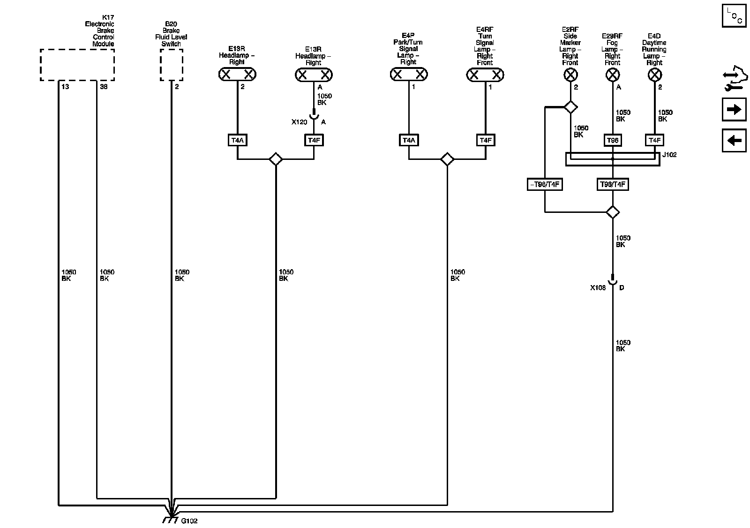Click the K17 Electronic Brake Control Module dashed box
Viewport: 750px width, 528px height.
(x=77, y=65)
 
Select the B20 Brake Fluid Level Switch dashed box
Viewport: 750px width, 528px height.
(x=171, y=65)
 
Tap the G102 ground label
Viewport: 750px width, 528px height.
(x=189, y=521)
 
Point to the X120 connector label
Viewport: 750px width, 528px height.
(x=300, y=122)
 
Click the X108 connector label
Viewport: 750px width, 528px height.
(x=598, y=288)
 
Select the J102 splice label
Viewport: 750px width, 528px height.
(x=669, y=155)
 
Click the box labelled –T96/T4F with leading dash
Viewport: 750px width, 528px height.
(x=544, y=185)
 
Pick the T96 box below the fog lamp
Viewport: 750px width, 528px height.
(x=613, y=140)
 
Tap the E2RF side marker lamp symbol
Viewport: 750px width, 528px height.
(x=570, y=75)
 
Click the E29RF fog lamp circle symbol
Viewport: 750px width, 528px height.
(x=613, y=75)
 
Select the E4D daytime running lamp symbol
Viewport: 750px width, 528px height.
(x=654, y=75)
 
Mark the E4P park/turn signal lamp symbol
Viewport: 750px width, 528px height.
(x=409, y=74)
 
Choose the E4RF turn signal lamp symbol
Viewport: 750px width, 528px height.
(x=485, y=74)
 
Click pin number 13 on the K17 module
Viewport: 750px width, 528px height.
(x=65, y=87)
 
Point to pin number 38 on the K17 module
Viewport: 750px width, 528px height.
(x=104, y=87)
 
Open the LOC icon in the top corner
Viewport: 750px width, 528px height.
(x=734, y=15)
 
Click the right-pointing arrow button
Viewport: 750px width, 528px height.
(x=734, y=110)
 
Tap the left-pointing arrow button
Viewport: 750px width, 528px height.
(x=734, y=140)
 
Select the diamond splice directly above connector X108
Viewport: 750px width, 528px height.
(x=613, y=212)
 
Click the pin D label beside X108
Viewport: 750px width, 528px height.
(x=622, y=288)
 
